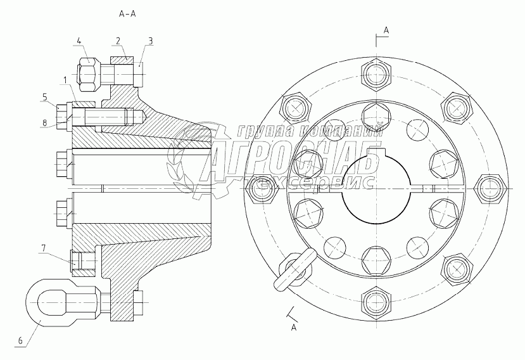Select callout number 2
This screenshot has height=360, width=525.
tap(118, 41)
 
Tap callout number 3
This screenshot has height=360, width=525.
tap(150, 41)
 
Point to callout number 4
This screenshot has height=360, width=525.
tap(79, 41)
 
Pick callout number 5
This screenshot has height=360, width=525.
tap(45, 96)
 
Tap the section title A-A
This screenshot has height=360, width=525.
tap(129, 13)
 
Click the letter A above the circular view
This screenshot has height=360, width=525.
tap(386, 30)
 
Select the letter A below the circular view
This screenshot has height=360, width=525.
tap(293, 327)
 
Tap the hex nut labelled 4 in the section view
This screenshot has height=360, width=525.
tap(88, 72)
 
